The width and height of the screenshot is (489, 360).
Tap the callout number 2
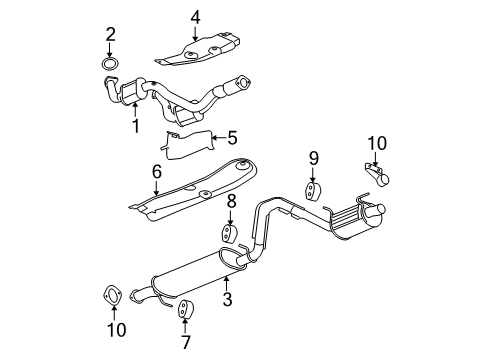coord(110,37)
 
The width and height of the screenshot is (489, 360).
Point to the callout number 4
coord(196,15)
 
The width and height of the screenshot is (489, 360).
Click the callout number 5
coord(232,138)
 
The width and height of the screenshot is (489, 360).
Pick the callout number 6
coord(156,173)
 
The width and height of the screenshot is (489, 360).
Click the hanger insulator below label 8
coord(227,236)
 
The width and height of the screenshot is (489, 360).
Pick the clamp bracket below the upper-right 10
coord(377,178)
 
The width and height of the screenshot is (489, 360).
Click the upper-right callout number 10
coord(376,143)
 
